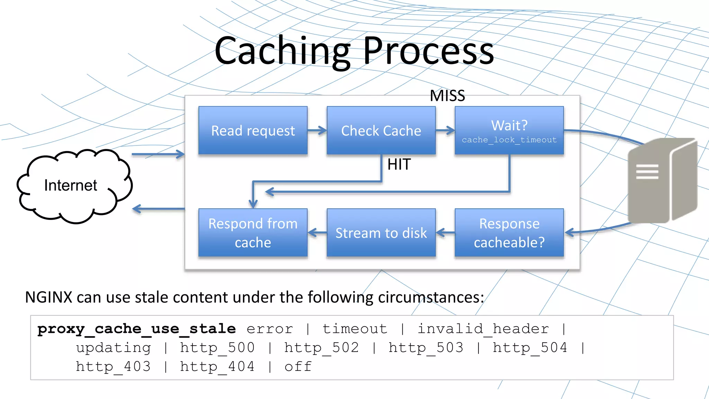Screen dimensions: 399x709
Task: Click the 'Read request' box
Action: (253, 131)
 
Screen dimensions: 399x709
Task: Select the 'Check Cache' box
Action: (381, 131)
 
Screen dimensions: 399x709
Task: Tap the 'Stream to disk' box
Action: (381, 233)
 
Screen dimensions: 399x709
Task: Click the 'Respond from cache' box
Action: (253, 233)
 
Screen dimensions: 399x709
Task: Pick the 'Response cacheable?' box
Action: (509, 233)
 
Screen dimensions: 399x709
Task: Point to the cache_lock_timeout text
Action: (509, 140)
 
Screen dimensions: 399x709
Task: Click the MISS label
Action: (447, 96)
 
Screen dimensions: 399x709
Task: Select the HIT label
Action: (399, 165)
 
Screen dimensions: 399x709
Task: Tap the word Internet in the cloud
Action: (71, 186)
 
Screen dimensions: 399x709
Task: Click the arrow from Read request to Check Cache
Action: (317, 131)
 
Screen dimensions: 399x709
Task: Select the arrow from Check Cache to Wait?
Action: (445, 131)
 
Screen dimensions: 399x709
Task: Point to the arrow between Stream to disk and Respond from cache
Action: (317, 233)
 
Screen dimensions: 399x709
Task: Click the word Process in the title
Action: (428, 51)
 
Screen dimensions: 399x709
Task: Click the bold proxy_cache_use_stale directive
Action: (136, 329)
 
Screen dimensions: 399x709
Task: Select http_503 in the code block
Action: (426, 347)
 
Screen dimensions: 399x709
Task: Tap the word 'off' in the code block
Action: (298, 366)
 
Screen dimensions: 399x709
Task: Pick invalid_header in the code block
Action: (483, 329)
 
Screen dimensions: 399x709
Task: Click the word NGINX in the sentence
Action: (48, 297)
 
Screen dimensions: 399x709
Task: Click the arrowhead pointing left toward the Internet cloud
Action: (137, 209)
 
